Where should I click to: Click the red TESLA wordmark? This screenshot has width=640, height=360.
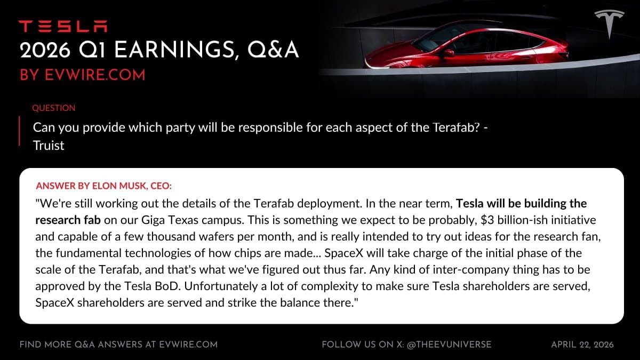(x=63, y=26)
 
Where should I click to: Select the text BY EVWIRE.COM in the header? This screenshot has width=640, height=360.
(x=82, y=75)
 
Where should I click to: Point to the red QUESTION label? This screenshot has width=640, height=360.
(x=54, y=108)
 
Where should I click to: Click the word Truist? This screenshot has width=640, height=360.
(x=49, y=145)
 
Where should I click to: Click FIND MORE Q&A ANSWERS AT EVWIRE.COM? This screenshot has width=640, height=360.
(x=118, y=345)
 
